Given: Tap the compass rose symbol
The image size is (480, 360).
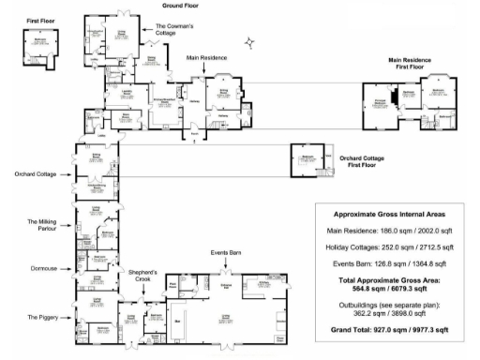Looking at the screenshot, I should point(249,41).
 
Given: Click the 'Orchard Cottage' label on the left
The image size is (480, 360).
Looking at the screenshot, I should point(36,174).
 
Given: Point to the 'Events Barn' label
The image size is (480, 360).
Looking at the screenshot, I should point(226,253).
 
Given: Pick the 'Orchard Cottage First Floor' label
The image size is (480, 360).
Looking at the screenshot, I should point(365,160).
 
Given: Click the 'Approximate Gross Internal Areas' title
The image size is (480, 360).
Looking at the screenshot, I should point(388,215).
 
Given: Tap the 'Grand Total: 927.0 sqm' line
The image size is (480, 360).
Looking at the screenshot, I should point(388,330).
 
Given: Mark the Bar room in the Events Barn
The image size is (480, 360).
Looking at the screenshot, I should point(177,320).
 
